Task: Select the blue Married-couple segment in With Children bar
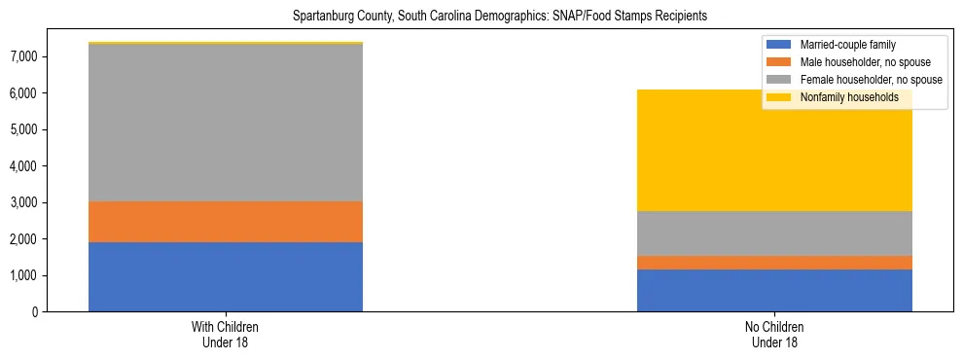226,276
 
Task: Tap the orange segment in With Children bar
226,222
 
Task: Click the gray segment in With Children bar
226,123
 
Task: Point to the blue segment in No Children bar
774,290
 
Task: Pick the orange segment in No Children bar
774,263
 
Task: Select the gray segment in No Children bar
774,234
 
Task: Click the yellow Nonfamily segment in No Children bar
774,156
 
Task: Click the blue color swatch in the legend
779,45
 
